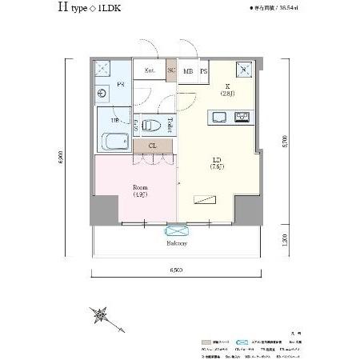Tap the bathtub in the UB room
point(114,142)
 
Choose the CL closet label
point(153,146)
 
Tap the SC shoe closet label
point(171,70)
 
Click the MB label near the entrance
point(188,70)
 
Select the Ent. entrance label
point(150,70)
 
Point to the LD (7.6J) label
point(217,162)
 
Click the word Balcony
point(177,243)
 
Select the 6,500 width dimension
point(177,270)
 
